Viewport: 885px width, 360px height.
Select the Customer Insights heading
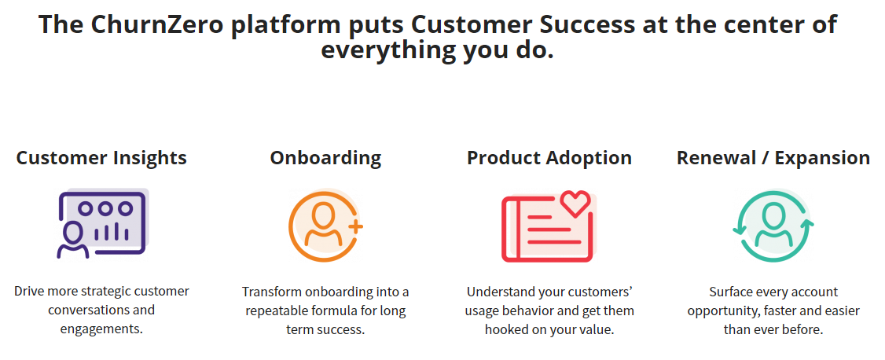[101, 158]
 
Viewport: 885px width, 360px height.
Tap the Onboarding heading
[325, 158]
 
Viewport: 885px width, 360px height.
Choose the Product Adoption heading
[549, 158]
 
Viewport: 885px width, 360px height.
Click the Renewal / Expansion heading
[773, 158]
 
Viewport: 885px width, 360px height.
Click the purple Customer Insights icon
[102, 223]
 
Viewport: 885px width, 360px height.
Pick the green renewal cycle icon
[773, 226]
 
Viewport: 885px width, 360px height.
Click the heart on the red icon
[575, 203]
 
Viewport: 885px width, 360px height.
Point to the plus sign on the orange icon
[355, 227]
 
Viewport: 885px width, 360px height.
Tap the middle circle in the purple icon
[105, 208]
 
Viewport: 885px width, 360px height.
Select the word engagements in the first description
[101, 329]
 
